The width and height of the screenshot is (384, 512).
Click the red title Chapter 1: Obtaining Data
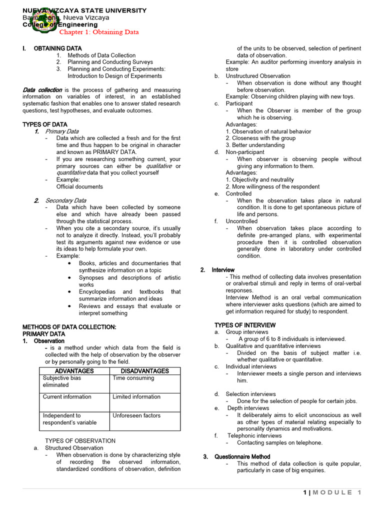99,32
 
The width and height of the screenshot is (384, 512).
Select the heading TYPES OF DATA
45,124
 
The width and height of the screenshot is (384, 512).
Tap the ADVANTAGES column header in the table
74,371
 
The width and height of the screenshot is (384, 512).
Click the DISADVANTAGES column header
145,371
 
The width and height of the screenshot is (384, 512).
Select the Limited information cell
136,397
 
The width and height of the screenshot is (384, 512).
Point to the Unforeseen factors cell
136,415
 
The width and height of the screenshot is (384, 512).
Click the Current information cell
67,397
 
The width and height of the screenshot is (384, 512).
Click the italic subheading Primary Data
62,131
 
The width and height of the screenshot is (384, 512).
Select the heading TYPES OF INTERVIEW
245,325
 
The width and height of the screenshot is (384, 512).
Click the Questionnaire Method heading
242,456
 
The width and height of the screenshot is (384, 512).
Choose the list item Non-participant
245,152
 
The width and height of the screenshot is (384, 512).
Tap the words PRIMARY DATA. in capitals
44,334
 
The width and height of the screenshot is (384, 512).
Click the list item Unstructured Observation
257,76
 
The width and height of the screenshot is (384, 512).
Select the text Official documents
79,186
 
